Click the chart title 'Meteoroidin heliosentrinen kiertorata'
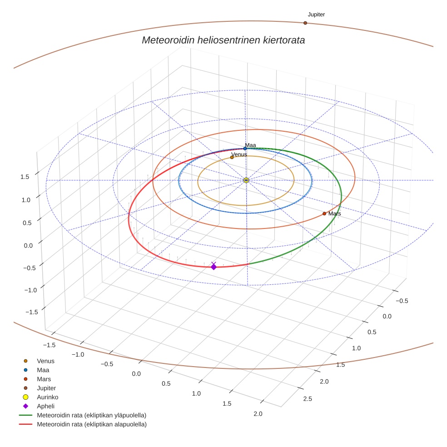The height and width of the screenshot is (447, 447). click(x=223, y=40)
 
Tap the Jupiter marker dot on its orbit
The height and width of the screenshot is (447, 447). click(x=305, y=23)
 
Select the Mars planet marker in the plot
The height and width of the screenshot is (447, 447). click(x=324, y=214)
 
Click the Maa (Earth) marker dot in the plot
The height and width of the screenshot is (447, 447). click(x=245, y=149)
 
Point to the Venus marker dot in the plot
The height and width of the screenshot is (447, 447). click(x=232, y=157)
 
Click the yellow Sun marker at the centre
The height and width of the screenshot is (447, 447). click(x=246, y=180)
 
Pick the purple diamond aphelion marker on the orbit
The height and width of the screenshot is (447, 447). click(x=214, y=267)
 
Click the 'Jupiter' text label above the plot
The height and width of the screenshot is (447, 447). click(x=316, y=15)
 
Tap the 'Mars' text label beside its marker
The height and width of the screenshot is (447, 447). click(x=335, y=214)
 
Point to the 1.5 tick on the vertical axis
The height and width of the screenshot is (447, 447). click(x=25, y=177)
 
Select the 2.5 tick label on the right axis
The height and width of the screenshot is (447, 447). click(x=307, y=399)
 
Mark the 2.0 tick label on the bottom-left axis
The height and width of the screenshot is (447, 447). click(x=258, y=414)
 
